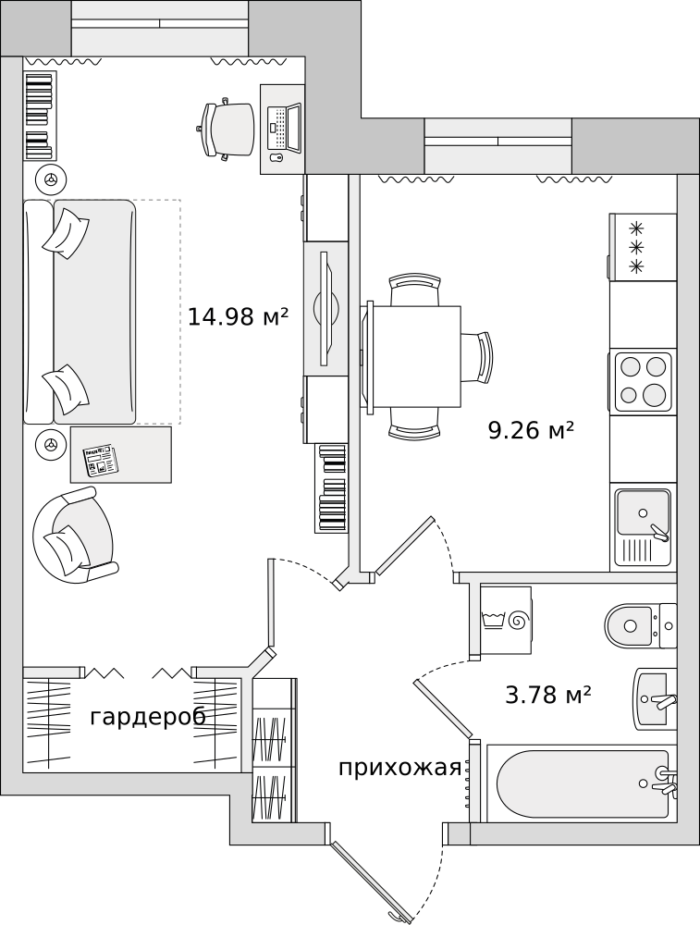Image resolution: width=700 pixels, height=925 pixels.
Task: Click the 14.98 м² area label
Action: click(x=238, y=317)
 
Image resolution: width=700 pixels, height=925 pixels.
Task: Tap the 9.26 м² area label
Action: click(x=531, y=430)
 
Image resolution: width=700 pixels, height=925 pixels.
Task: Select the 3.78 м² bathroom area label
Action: click(x=547, y=695)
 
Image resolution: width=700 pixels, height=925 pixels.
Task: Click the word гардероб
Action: click(x=148, y=717)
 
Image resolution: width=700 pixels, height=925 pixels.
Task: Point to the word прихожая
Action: click(x=399, y=768)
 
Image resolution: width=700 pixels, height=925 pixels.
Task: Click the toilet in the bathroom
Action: click(x=632, y=625)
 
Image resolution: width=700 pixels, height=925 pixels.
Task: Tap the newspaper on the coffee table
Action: click(x=100, y=459)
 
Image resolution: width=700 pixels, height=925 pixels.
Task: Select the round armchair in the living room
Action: click(x=74, y=536)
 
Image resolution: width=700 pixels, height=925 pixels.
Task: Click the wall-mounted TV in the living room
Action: click(x=325, y=308)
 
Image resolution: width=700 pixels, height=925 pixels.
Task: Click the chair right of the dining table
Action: click(x=482, y=356)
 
